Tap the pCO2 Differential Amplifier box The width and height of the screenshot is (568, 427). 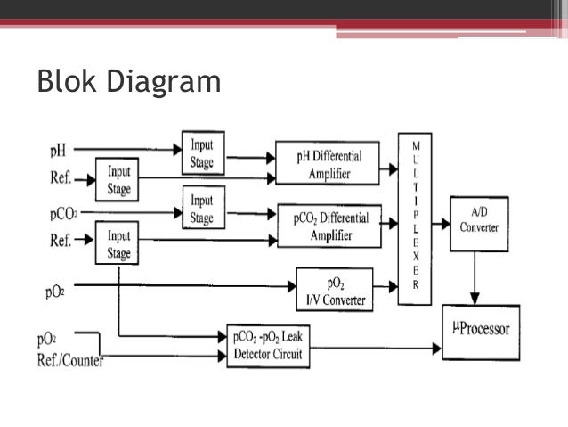[329, 226]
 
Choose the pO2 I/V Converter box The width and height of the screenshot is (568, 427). [335, 289]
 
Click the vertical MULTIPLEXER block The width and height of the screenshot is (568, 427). [414, 219]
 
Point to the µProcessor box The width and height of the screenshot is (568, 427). [480, 331]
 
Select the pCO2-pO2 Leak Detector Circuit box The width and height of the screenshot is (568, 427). [268, 345]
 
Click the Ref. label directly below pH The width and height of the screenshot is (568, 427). [61, 177]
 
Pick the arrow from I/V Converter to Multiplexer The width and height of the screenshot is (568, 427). [385, 287]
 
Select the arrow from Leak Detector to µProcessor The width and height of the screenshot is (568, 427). [374, 347]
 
